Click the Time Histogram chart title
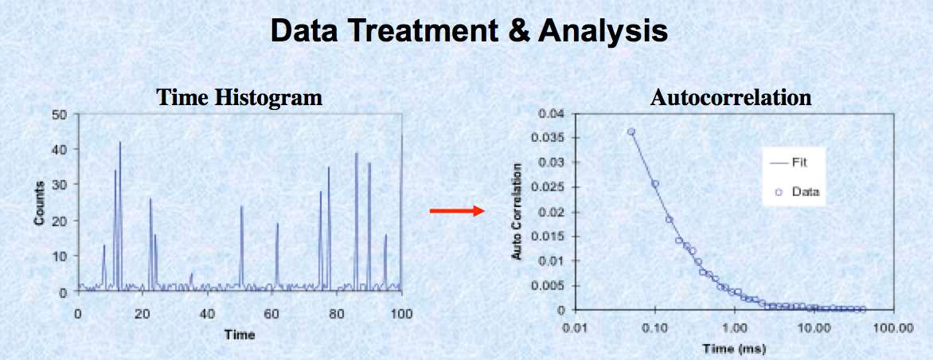pos(239,98)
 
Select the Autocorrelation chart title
pos(730,98)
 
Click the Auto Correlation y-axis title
pos(517,211)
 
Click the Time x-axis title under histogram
pos(239,335)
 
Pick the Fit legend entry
pos(793,162)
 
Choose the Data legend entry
pos(797,192)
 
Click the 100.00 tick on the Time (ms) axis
pos(894,328)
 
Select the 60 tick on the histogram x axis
pos(272,314)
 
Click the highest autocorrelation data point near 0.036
pos(630,131)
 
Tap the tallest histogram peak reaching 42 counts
pos(119,142)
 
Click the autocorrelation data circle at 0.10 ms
pos(655,184)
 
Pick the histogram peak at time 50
pos(241,206)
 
